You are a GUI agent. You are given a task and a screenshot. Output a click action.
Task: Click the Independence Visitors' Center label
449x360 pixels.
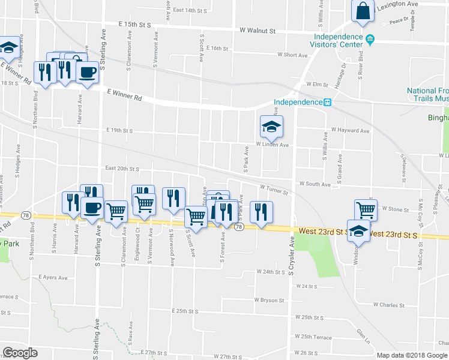pos(338,39)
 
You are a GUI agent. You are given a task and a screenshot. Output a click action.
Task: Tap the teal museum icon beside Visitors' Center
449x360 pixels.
pos(370,40)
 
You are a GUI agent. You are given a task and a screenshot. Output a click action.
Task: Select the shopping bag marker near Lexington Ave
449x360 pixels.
pos(363,11)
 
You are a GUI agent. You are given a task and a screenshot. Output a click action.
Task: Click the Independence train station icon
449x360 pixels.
pos(328,102)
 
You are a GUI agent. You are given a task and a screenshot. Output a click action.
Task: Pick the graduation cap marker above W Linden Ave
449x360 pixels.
pos(271,127)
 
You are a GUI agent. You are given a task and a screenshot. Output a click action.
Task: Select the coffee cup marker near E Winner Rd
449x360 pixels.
pos(87,73)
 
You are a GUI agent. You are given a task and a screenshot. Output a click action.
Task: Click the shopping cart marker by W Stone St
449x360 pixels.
pos(366,210)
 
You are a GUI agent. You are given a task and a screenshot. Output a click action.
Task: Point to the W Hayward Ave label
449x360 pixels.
pos(351,130)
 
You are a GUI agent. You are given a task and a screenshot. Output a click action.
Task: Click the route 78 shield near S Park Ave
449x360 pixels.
pos(239,227)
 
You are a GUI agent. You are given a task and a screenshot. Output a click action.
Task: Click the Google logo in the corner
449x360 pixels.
pos(20,353)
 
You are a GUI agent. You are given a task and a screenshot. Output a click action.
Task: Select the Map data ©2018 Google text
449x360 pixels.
pos(412,355)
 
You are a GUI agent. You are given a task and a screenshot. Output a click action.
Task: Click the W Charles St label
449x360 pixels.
pos(388,305)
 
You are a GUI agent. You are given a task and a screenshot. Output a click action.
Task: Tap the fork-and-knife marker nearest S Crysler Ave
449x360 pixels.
pos(261,212)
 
